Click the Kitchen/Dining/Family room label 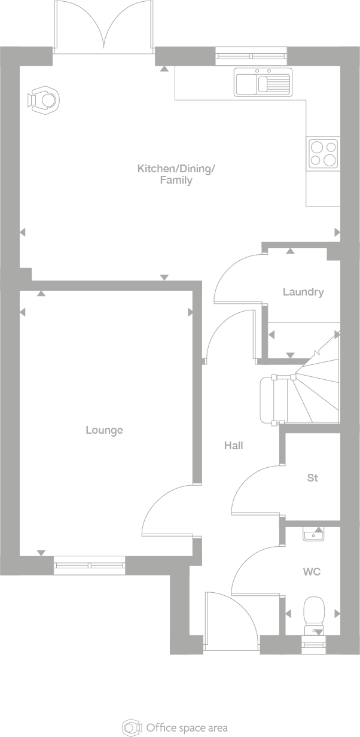click(176, 174)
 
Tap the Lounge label click(104, 430)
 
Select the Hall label click(234, 446)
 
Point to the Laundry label click(303, 292)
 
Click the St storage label click(312, 478)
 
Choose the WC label click(312, 572)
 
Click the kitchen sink click(263, 83)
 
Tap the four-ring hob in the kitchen click(323, 153)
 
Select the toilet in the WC click(313, 614)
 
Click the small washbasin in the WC click(313, 534)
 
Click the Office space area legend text click(187, 728)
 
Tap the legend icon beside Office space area click(132, 727)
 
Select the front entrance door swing click(230, 619)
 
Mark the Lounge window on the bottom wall click(90, 565)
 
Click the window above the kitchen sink click(251, 56)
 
